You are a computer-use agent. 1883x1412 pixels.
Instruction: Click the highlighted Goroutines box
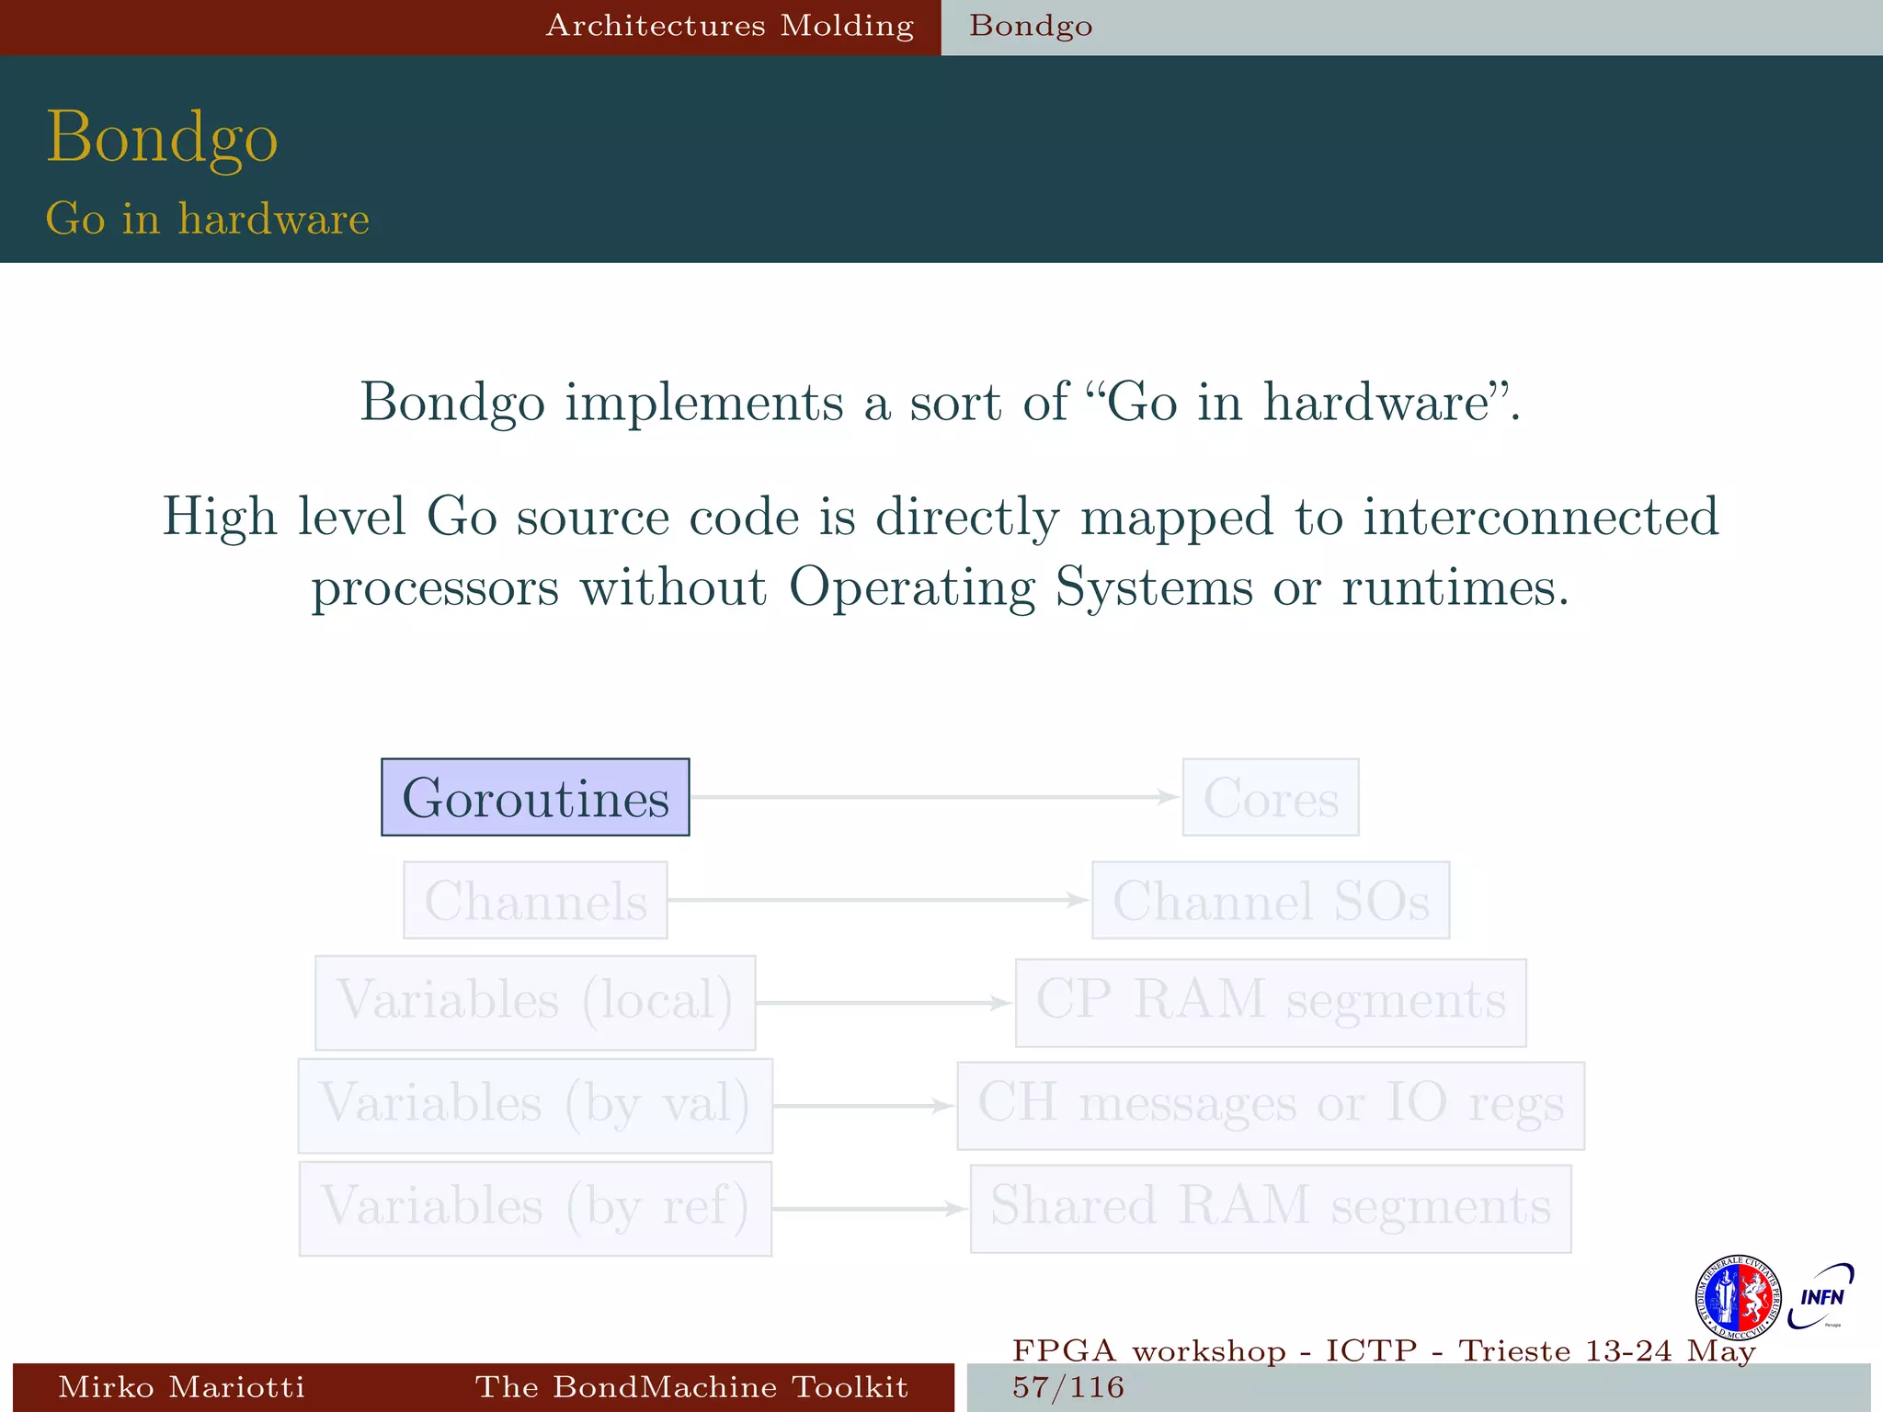(x=535, y=797)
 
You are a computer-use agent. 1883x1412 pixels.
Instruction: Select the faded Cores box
(x=1271, y=797)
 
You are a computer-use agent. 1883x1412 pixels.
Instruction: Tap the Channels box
(x=535, y=900)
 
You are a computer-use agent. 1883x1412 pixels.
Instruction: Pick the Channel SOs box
(x=1271, y=900)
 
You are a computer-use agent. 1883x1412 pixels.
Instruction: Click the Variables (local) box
(x=535, y=1002)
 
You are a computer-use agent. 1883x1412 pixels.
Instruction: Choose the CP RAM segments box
(x=1271, y=1002)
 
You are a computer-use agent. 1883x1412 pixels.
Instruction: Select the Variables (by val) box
(x=535, y=1105)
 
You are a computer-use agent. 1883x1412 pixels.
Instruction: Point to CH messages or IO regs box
(x=1271, y=1105)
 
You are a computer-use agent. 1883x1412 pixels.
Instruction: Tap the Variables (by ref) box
(x=535, y=1208)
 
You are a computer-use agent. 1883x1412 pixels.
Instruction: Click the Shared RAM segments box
(x=1271, y=1208)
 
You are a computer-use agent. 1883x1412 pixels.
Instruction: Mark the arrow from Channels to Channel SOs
(x=878, y=900)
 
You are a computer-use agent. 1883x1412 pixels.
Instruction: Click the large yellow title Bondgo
(x=162, y=138)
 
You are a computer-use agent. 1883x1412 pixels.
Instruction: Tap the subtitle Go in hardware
(x=208, y=219)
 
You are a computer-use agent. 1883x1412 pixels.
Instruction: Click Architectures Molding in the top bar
(x=730, y=26)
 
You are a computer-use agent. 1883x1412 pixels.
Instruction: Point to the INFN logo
(x=1821, y=1296)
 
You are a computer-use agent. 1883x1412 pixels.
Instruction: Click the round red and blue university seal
(x=1737, y=1297)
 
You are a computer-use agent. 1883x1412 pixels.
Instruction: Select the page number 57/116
(x=1068, y=1387)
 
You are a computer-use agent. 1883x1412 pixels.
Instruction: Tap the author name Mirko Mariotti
(x=181, y=1387)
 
